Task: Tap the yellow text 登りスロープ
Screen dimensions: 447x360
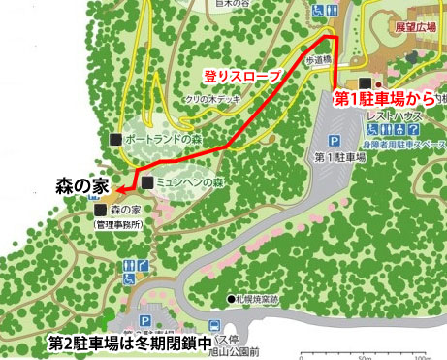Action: (241, 75)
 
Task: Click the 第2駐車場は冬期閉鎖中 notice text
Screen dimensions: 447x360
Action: (131, 343)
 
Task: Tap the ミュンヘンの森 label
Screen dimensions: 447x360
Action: (191, 181)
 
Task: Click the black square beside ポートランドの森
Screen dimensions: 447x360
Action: (116, 139)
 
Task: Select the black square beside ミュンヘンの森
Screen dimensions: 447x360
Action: (147, 182)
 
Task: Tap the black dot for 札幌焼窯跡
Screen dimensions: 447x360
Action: (232, 298)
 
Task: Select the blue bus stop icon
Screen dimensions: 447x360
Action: (213, 327)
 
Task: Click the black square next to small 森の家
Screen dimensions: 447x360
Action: (101, 209)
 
